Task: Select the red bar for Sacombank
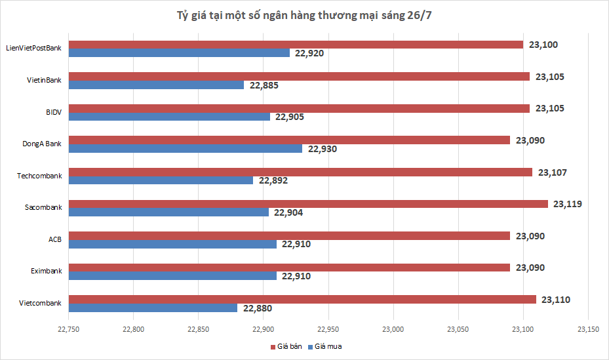308,204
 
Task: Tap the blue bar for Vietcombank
153,308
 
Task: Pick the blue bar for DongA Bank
186,149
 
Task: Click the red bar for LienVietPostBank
296,45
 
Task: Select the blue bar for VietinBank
156,85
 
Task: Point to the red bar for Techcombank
300,172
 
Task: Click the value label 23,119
567,204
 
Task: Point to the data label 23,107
552,172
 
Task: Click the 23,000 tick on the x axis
393,329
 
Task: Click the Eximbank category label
46,271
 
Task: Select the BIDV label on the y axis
53,112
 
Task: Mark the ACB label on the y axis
55,239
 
